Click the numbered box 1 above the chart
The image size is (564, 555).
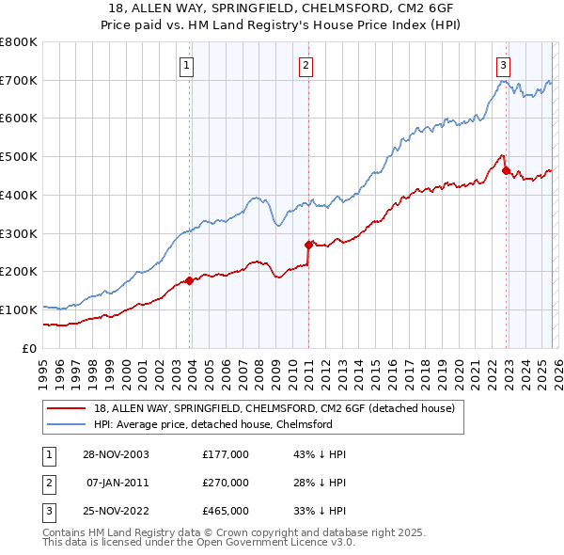coord(187,65)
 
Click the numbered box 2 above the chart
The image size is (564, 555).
coord(306,65)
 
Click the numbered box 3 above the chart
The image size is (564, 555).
coord(504,65)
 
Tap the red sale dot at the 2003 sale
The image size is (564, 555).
coord(190,279)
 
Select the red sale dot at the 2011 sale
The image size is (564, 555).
coord(308,245)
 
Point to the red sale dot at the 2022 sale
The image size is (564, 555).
coord(506,170)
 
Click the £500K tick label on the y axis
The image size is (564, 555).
coord(18,157)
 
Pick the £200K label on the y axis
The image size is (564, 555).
coord(18,272)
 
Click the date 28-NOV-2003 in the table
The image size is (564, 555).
coord(116,453)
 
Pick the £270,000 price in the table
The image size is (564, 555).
coord(226,483)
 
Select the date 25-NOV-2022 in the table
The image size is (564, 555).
coord(116,512)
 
